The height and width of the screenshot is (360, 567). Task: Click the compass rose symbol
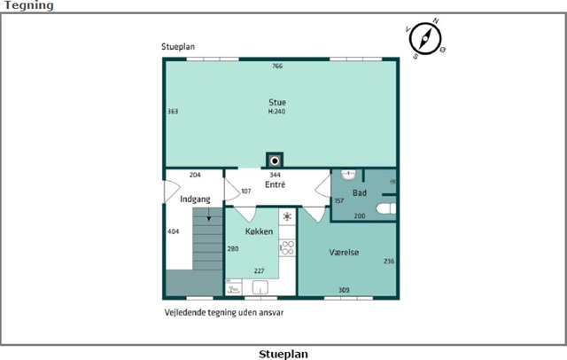(x=425, y=38)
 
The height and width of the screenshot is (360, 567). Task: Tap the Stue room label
(x=277, y=102)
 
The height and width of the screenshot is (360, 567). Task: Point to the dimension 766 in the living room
(x=277, y=66)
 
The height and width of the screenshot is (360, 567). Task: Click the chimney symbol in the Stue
(x=275, y=160)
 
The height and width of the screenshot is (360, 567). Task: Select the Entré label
(x=275, y=184)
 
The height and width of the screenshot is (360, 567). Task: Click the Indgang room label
(x=195, y=200)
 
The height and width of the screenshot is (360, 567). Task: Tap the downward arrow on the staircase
(x=209, y=215)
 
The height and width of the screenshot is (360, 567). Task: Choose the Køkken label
(x=259, y=231)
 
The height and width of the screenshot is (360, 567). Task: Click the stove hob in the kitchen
(x=287, y=248)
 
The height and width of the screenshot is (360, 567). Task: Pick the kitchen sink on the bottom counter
(x=260, y=287)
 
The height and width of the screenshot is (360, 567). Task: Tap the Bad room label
(x=360, y=192)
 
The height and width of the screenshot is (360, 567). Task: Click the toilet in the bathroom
(x=386, y=208)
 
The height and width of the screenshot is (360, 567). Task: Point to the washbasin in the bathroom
(x=348, y=175)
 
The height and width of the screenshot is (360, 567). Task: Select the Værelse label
(x=344, y=252)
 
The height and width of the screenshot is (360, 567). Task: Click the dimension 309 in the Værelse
(x=344, y=290)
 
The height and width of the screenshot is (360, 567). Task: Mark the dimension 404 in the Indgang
(x=174, y=231)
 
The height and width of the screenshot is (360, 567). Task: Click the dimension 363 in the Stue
(x=173, y=112)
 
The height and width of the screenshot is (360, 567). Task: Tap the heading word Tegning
(x=29, y=5)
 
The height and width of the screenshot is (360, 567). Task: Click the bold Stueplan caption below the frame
(x=283, y=354)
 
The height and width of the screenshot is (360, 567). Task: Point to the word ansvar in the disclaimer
(x=273, y=312)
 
